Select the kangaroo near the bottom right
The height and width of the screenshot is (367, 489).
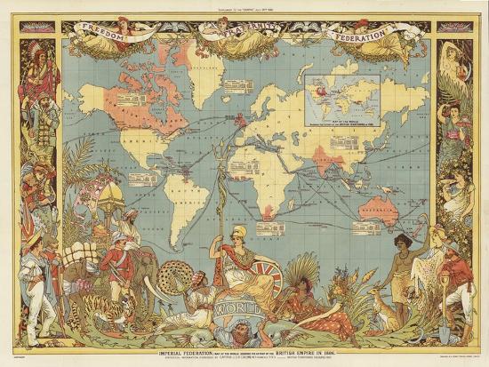point(381,298)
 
